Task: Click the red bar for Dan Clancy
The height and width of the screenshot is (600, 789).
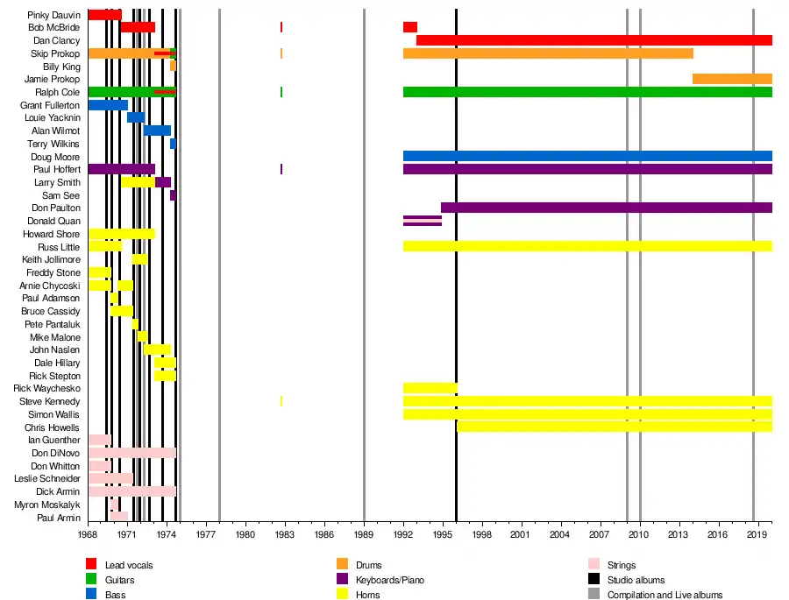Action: point(594,40)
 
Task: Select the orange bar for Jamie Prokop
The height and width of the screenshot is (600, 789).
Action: point(732,79)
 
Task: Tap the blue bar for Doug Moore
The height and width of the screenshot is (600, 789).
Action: point(587,156)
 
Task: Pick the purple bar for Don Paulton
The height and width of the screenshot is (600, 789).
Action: point(606,208)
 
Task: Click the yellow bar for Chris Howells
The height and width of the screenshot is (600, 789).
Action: point(614,427)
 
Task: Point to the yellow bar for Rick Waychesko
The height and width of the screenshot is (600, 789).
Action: point(430,388)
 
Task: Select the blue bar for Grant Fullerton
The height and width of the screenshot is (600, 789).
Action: point(108,105)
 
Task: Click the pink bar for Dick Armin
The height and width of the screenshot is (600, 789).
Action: point(131,491)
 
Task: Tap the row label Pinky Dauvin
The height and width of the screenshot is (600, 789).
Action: point(53,15)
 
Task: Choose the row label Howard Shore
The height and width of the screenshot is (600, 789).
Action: point(52,234)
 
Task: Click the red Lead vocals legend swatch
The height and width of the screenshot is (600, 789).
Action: point(91,565)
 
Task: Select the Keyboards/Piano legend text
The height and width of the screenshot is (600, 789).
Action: point(387,580)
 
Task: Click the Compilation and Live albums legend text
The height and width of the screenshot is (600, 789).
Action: point(665,595)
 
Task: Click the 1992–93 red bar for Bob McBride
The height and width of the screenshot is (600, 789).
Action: point(409,27)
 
